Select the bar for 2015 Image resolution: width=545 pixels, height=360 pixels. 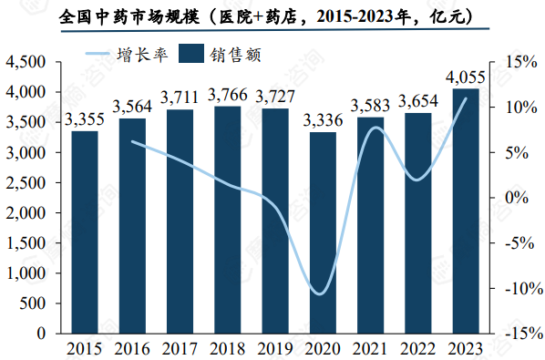85,232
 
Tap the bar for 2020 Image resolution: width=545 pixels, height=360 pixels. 323,232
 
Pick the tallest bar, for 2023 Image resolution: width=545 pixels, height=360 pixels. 466,211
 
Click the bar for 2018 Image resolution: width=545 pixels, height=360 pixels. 227,220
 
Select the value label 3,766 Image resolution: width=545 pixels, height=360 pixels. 227,95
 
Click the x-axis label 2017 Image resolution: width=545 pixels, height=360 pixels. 180,348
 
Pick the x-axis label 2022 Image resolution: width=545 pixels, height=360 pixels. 417,348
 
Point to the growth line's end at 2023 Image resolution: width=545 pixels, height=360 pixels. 466,98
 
